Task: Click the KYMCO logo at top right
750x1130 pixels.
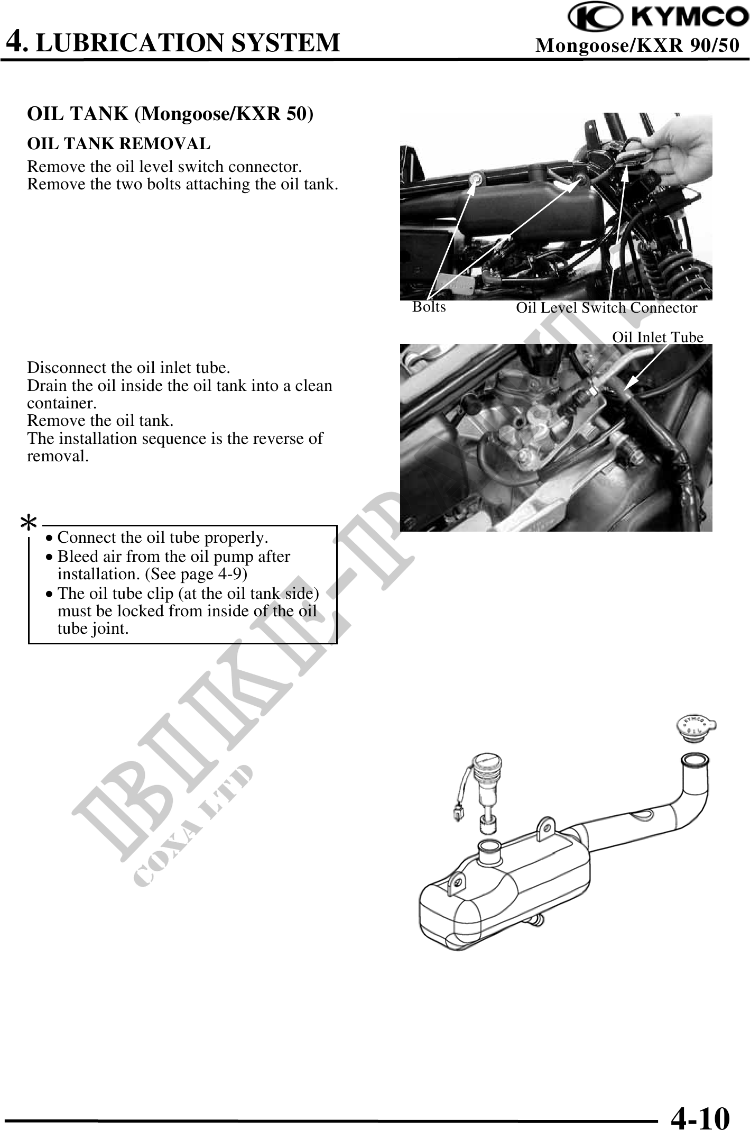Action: (659, 18)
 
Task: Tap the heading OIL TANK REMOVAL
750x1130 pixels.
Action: (119, 143)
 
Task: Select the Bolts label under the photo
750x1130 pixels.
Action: (429, 307)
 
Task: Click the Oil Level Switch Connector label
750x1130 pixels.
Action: (607, 307)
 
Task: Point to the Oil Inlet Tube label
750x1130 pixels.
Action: (658, 337)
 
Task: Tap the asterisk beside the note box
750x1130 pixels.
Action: (28, 524)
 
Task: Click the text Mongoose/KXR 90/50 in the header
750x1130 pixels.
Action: (637, 45)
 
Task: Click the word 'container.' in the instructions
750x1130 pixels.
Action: (62, 403)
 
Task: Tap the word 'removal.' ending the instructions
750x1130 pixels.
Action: (58, 456)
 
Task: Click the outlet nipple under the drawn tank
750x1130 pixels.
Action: (538, 922)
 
